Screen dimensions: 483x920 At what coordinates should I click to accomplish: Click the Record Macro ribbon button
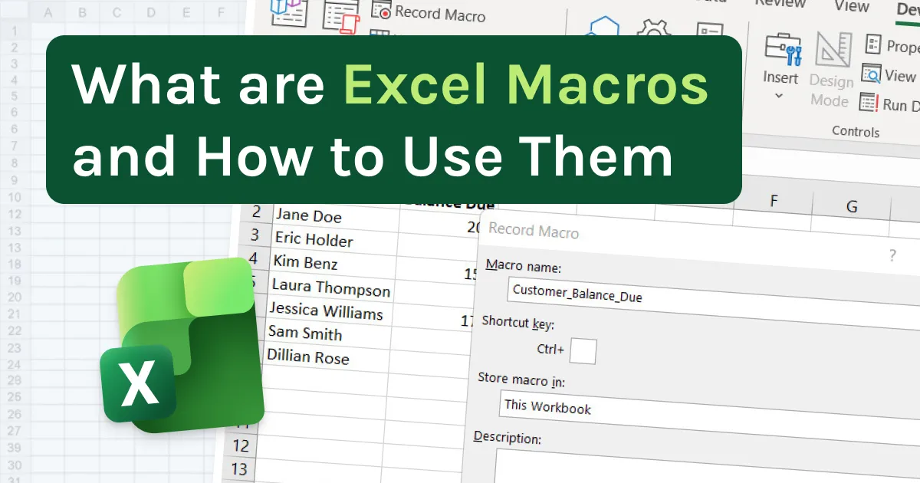tap(429, 13)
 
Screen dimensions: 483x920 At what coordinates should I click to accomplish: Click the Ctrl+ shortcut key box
tap(583, 351)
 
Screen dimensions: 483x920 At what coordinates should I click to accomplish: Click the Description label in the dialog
tap(508, 438)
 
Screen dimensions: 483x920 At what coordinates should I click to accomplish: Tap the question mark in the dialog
tap(892, 256)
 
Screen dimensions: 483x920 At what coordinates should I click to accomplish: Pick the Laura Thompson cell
tap(331, 289)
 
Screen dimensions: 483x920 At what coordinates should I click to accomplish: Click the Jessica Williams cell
tap(327, 312)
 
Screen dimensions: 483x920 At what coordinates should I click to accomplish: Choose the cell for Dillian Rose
tap(307, 358)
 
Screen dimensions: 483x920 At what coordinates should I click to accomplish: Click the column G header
tap(851, 205)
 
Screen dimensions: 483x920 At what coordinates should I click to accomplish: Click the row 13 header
tap(240, 469)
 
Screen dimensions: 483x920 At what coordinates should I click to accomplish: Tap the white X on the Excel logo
tap(140, 384)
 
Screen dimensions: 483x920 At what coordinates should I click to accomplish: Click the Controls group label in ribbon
tap(856, 131)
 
